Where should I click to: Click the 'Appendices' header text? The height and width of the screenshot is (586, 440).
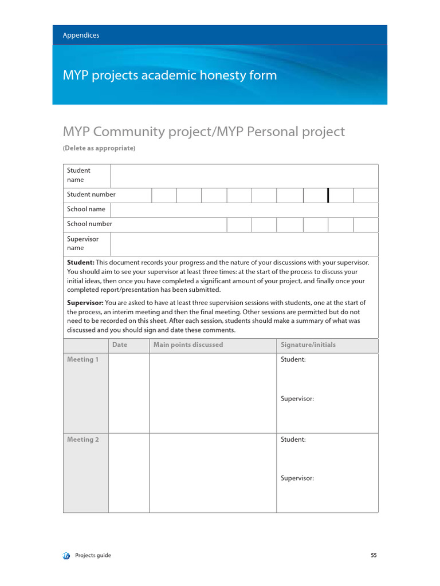click(81, 35)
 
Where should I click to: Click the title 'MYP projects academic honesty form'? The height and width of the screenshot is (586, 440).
click(170, 76)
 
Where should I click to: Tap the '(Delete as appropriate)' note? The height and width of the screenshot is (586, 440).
click(99, 148)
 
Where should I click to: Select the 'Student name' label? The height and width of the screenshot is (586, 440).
click(78, 175)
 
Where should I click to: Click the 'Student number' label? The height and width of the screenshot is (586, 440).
click(91, 195)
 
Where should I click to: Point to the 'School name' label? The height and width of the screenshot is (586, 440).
click(86, 209)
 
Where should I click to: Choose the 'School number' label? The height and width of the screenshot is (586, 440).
click(89, 224)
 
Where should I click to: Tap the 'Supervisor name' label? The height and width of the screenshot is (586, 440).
click(82, 243)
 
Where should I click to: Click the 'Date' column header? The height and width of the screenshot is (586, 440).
click(120, 345)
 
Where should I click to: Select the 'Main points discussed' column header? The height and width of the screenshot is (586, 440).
click(188, 345)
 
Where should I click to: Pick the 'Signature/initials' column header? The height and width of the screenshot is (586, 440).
click(308, 345)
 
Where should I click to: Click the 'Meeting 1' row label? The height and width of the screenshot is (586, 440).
click(83, 360)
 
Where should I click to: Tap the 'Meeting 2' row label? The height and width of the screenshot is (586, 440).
click(83, 440)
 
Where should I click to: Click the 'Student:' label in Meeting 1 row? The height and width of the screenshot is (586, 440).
click(293, 360)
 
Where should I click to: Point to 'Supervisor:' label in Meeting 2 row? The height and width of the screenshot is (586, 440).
click(297, 478)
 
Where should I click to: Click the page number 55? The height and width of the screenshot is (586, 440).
click(374, 555)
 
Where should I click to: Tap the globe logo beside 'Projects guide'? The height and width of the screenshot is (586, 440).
click(66, 555)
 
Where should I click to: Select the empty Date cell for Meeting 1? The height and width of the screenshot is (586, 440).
click(129, 393)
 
